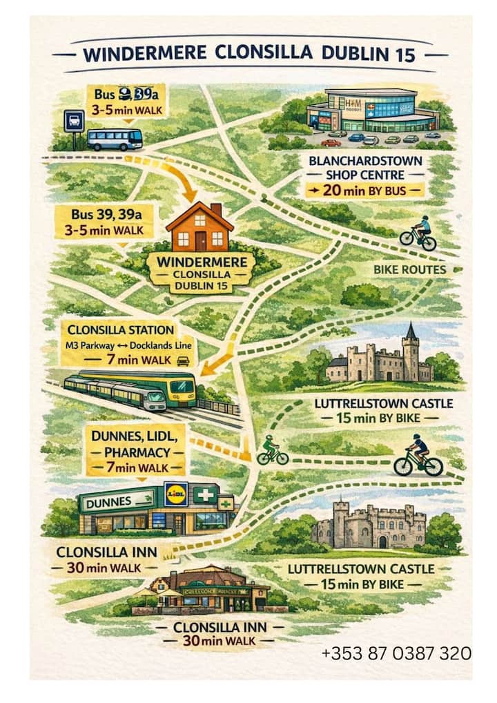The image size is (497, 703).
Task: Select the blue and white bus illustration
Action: tap(115, 139)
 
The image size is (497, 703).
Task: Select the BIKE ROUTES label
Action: tap(410, 269)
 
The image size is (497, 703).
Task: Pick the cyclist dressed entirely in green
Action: tap(272, 451)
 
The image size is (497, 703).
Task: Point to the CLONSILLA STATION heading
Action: tap(121, 331)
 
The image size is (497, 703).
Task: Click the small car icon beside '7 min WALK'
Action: tap(183, 360)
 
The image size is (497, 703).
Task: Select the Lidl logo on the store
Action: tap(175, 494)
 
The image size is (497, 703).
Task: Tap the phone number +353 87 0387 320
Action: tap(396, 653)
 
